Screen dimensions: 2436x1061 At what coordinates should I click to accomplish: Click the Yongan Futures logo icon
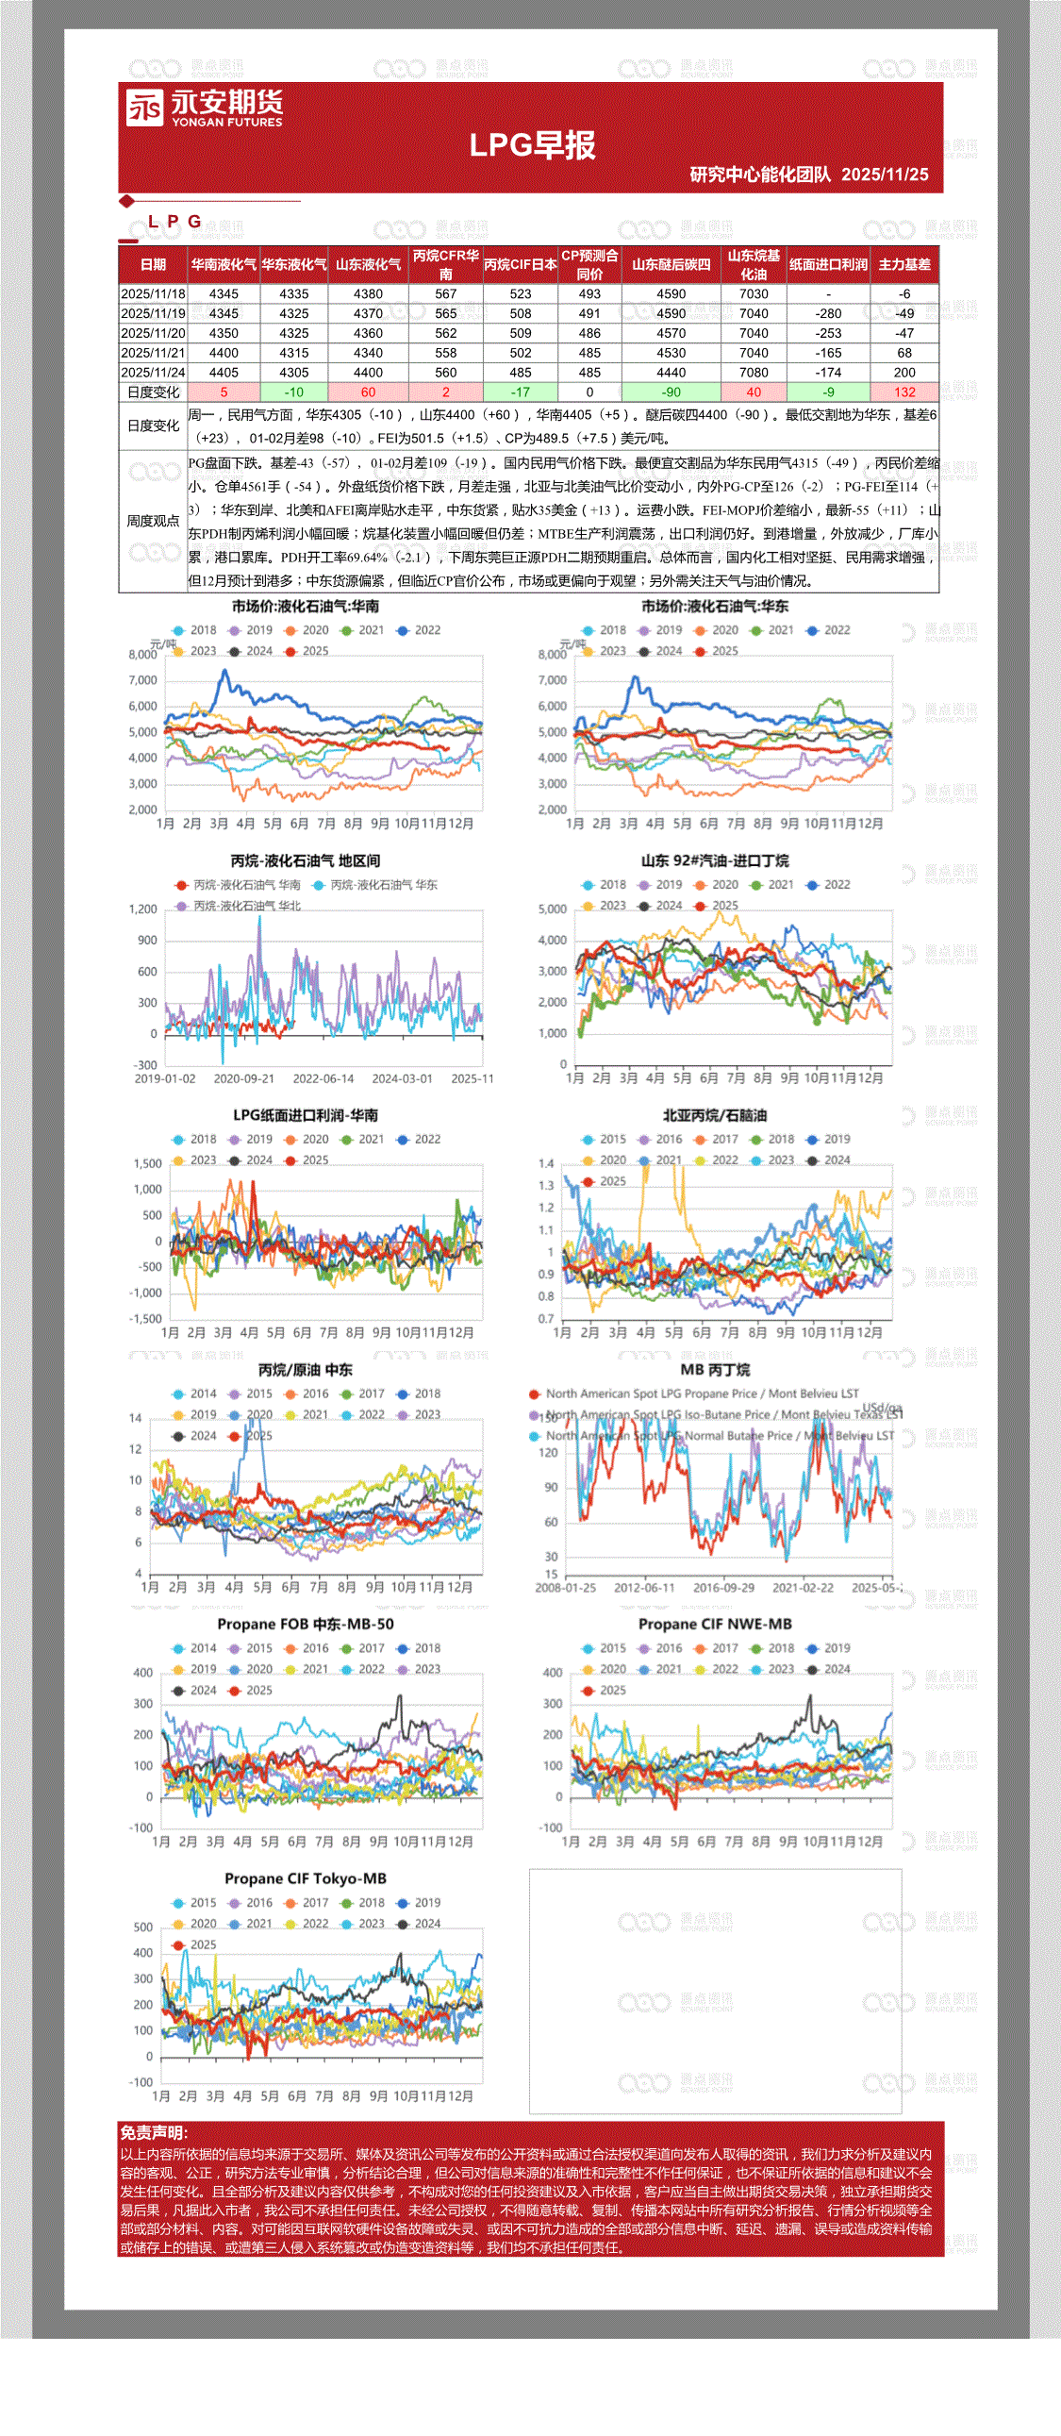click(x=144, y=108)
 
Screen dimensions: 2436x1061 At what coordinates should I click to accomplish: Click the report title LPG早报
click(x=533, y=145)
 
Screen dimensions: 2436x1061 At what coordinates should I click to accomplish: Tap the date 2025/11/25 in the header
click(x=885, y=175)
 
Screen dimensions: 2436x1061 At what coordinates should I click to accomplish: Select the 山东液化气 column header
click(x=368, y=265)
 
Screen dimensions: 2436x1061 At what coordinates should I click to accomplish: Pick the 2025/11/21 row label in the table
click(x=153, y=353)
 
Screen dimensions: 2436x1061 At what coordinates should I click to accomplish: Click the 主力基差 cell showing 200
click(x=904, y=373)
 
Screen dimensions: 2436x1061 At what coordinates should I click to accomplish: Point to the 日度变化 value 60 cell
click(x=368, y=392)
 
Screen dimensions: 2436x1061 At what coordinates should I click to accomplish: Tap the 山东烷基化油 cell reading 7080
click(x=753, y=373)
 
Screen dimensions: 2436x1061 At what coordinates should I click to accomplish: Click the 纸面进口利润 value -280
click(x=828, y=314)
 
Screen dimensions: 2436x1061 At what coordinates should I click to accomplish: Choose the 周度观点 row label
click(x=153, y=521)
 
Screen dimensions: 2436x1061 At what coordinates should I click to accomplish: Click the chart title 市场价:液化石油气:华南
click(x=306, y=606)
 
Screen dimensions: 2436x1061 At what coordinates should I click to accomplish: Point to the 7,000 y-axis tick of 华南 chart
click(x=142, y=681)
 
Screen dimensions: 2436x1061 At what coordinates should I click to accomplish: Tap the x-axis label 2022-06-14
click(x=323, y=1079)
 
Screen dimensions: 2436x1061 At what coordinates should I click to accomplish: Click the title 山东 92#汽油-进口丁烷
click(x=715, y=860)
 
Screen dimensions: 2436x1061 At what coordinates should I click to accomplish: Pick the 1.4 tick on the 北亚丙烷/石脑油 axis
click(x=546, y=1164)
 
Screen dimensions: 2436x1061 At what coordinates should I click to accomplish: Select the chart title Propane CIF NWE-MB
click(x=715, y=1624)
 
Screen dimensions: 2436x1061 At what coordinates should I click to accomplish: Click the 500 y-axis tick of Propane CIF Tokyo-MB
click(x=142, y=1927)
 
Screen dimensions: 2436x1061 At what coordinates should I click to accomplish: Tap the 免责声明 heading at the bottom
click(x=153, y=2132)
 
